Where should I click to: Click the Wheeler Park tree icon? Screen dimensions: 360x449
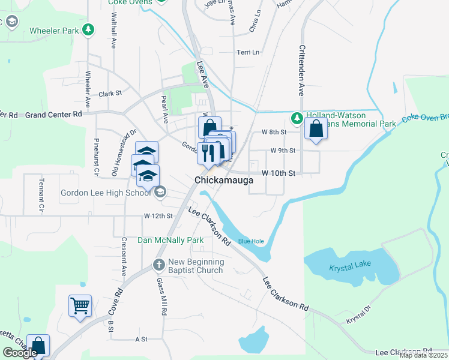click(88, 29)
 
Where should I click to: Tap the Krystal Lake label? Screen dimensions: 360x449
click(351, 268)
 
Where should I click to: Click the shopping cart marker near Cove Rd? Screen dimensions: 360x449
click(80, 306)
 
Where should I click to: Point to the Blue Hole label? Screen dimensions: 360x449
click(250, 241)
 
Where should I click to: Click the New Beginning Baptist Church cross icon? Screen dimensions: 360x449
click(158, 265)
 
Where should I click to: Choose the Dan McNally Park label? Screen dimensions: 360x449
click(171, 240)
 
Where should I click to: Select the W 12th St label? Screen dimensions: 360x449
click(158, 215)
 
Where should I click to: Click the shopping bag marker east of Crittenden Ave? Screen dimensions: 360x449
click(316, 128)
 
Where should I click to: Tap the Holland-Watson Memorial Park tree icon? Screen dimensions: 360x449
click(297, 116)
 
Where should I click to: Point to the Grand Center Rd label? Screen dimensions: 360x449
click(53, 114)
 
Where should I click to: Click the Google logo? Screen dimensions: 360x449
click(20, 353)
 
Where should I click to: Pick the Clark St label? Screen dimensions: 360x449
click(110, 94)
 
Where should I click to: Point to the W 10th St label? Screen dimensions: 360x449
click(279, 173)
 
